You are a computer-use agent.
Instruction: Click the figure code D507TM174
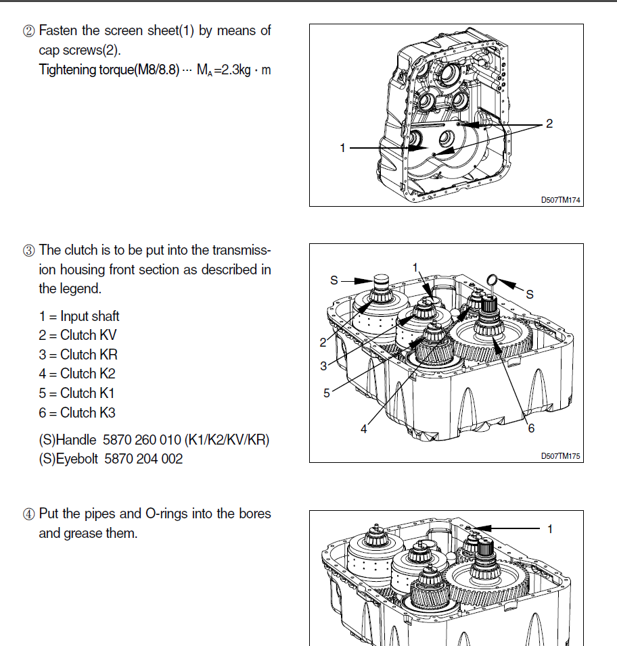coord(561,200)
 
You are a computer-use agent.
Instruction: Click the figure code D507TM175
coord(561,456)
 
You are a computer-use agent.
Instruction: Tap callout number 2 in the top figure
coord(549,124)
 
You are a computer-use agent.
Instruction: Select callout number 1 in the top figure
coord(343,147)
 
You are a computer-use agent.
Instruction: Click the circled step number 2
coord(30,31)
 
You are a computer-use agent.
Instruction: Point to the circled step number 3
coord(30,250)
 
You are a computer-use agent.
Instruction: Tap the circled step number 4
coord(30,514)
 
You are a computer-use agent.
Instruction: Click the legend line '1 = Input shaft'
coord(79,316)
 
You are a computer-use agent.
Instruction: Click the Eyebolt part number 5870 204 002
coord(144,459)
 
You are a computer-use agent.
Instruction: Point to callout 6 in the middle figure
coord(530,428)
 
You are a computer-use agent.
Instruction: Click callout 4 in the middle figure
coord(363,428)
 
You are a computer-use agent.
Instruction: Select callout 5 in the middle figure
coord(327,393)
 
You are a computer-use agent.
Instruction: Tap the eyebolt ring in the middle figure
coord(493,279)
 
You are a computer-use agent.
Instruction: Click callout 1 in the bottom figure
coord(549,529)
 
